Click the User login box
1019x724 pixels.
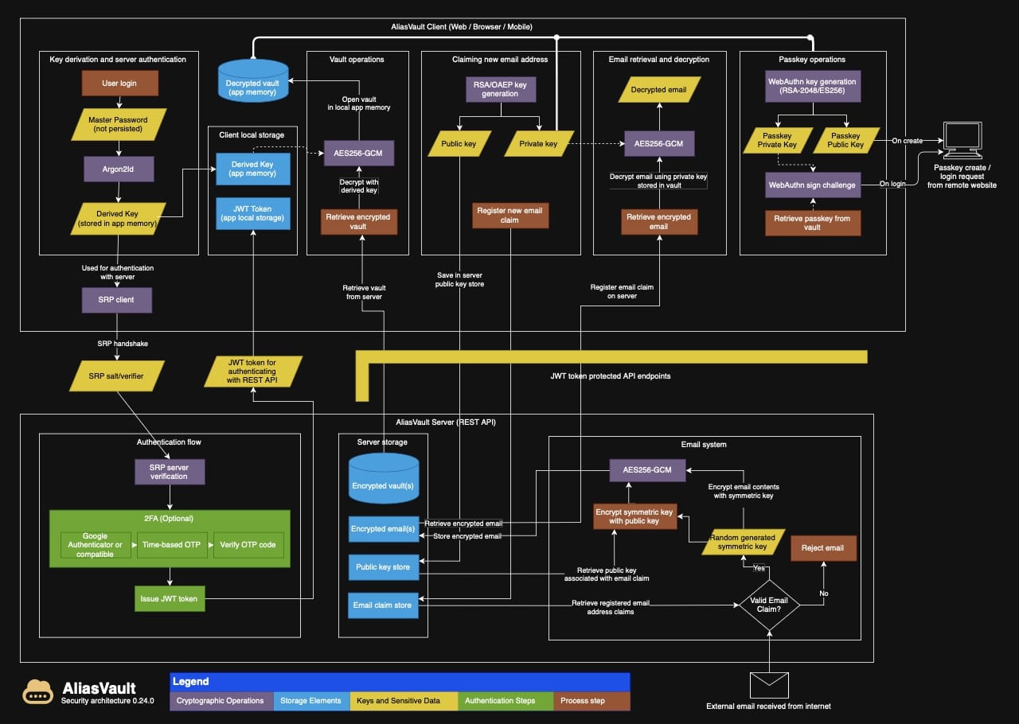point(119,84)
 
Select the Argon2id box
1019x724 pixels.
point(119,169)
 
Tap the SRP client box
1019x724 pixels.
point(117,300)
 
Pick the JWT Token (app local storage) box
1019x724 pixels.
point(252,214)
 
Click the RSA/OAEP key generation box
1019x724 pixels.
point(500,89)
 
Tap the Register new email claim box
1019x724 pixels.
point(509,215)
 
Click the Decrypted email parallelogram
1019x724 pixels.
point(658,90)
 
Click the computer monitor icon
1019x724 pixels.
point(961,142)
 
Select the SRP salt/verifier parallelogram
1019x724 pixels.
point(117,376)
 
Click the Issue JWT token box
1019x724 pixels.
point(170,598)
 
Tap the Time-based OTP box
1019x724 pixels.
point(172,545)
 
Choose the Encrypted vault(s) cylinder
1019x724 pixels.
point(384,478)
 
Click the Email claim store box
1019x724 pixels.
point(383,605)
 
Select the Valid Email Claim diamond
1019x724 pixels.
point(769,605)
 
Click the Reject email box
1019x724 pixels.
point(823,547)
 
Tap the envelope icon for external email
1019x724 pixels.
point(769,684)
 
